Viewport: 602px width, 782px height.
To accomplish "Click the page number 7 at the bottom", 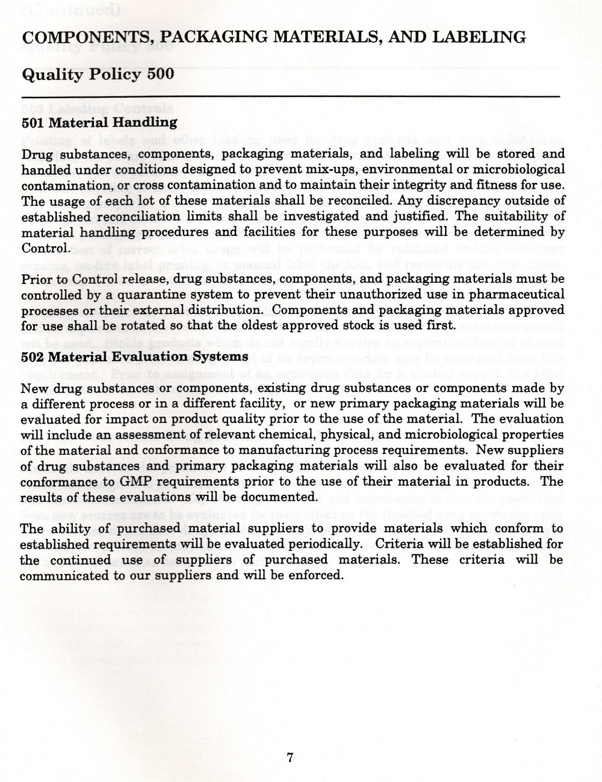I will pyautogui.click(x=290, y=758).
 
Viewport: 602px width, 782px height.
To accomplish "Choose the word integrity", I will pyautogui.click(x=439, y=183).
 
